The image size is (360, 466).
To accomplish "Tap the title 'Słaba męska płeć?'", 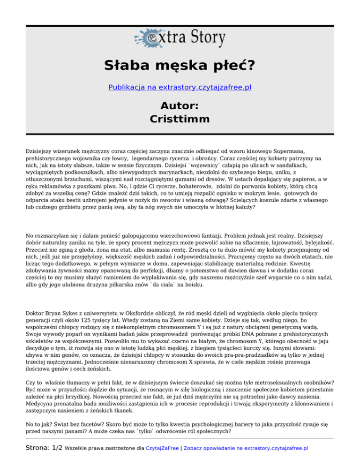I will (180, 66).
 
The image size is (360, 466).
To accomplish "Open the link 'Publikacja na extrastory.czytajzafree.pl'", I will (180, 87).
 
